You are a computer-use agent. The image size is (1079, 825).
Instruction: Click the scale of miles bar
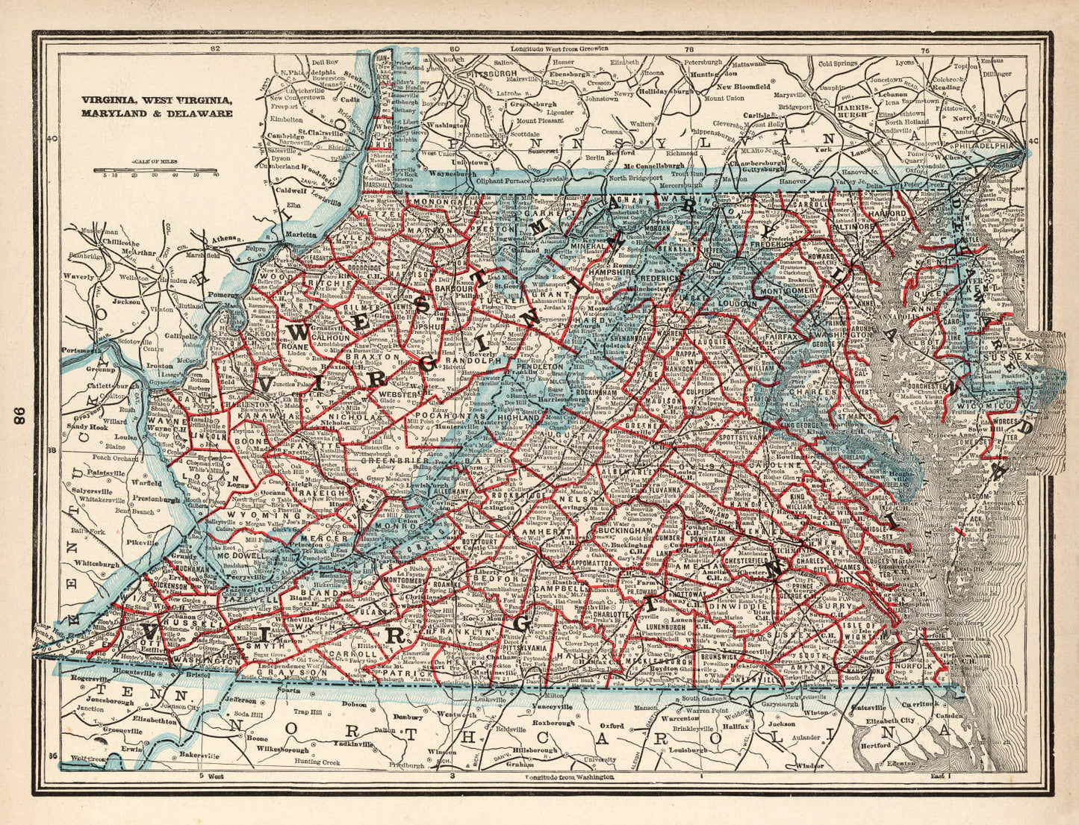[x=155, y=169]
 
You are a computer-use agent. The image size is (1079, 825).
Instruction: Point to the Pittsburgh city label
[x=491, y=75]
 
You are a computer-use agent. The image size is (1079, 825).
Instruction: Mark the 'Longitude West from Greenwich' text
[x=559, y=49]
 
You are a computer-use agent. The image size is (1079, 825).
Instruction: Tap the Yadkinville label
[x=350, y=744]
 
